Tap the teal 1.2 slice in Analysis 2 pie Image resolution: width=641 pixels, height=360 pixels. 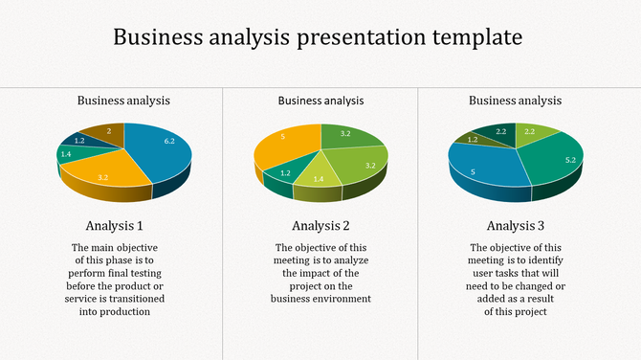283,173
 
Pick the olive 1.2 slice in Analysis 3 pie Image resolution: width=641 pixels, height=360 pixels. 472,141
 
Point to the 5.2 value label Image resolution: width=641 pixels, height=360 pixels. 569,160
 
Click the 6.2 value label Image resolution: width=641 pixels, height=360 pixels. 168,141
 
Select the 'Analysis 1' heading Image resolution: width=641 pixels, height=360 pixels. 115,226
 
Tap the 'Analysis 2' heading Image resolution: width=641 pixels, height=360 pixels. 320,226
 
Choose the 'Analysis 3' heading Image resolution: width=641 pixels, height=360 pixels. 516,226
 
